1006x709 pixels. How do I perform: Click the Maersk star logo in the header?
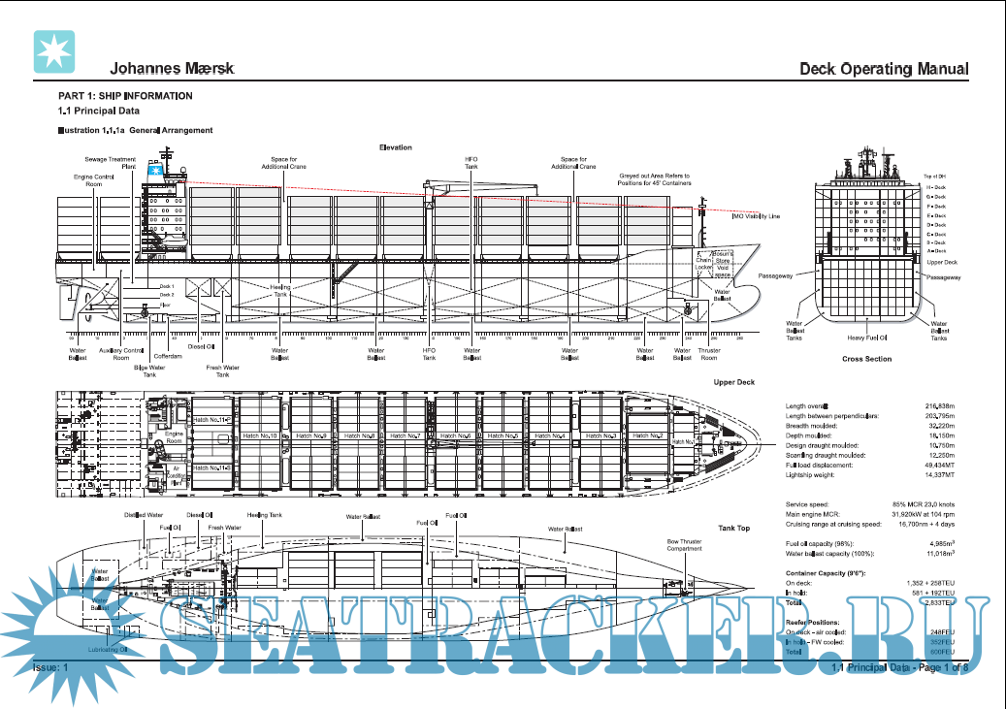54,51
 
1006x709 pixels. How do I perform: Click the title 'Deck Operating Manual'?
884,69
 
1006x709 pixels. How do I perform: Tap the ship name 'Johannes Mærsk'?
172,69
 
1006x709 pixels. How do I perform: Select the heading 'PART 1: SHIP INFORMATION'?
125,96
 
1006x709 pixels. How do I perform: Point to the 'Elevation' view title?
395,147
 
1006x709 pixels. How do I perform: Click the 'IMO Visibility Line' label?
756,216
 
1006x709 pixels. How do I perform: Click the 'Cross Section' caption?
866,359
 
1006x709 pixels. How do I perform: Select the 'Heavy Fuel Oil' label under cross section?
868,338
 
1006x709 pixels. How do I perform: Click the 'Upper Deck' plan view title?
733,382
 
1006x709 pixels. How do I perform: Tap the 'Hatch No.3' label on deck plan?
601,436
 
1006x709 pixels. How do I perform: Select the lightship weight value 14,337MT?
935,475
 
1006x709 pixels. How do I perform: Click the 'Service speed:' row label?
807,504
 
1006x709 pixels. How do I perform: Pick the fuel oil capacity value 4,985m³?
937,543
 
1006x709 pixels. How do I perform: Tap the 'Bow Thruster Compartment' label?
684,544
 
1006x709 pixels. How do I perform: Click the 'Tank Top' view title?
733,528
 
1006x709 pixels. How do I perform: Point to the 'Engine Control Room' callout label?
94,180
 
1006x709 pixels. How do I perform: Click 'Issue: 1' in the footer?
50,668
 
